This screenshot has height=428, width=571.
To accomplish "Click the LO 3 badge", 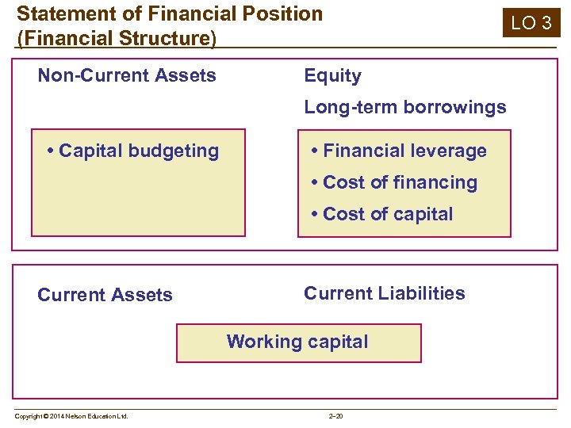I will pyautogui.click(x=531, y=22).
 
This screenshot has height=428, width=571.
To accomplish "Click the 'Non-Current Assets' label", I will pyautogui.click(x=127, y=76).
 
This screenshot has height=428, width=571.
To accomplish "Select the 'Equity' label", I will pyautogui.click(x=332, y=76).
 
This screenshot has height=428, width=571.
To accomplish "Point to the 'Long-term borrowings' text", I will pyautogui.click(x=404, y=107).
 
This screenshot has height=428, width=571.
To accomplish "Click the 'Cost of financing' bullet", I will pyautogui.click(x=394, y=182).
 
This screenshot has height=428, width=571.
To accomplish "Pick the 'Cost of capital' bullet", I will pyautogui.click(x=382, y=214).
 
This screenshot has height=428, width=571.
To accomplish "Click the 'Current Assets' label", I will pyautogui.click(x=105, y=295).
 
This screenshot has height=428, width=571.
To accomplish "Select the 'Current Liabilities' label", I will pyautogui.click(x=385, y=293).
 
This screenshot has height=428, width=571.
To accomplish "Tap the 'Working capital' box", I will pyautogui.click(x=298, y=342).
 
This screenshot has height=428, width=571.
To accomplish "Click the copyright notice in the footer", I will pyautogui.click(x=71, y=416).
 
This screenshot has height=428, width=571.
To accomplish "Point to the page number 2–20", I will pyautogui.click(x=335, y=416).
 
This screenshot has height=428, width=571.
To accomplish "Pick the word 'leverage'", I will pyautogui.click(x=449, y=151).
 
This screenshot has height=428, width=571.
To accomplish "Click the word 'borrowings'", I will pyautogui.click(x=457, y=107).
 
